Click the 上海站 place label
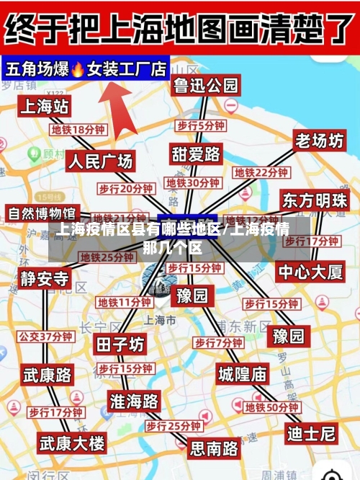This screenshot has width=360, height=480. [x=44, y=107]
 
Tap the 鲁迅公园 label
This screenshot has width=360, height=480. [x=205, y=86]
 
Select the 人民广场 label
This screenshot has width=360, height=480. [x=101, y=161]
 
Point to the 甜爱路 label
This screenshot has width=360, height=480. [x=196, y=154]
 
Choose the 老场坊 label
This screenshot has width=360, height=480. [x=319, y=141]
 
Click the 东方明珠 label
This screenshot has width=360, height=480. [x=315, y=200]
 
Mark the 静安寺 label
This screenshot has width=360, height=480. [x=45, y=279]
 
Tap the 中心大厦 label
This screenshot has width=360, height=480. [x=312, y=272]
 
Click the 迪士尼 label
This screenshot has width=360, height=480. [x=311, y=433]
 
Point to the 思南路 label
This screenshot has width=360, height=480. [x=214, y=448]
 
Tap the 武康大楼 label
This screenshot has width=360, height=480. [x=72, y=442]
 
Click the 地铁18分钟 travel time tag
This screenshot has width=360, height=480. [x=78, y=130]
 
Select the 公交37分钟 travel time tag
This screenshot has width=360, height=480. [x=45, y=336]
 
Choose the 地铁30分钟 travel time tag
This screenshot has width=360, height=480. [x=193, y=183]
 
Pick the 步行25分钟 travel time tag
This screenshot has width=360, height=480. [x=174, y=427]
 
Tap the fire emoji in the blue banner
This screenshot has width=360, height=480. [x=78, y=69]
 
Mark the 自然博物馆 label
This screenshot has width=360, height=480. [x=41, y=213]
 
